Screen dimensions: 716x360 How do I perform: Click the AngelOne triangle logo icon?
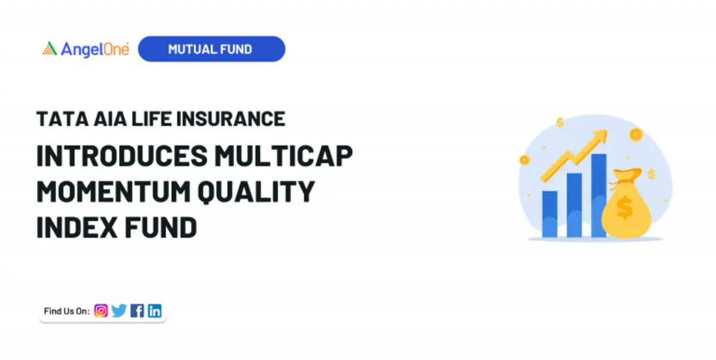[x=50, y=48]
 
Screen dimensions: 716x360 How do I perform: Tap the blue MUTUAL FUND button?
[x=211, y=49]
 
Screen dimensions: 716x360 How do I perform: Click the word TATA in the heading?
[x=62, y=119]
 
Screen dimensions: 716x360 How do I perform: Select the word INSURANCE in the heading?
[x=230, y=119]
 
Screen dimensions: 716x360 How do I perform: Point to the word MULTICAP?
[x=283, y=156]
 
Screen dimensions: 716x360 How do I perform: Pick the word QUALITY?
[x=257, y=192]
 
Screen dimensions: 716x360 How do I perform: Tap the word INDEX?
[x=77, y=227]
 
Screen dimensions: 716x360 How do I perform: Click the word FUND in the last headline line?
[x=161, y=227]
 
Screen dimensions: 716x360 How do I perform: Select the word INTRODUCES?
[x=122, y=156]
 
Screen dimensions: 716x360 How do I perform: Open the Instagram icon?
[x=101, y=311]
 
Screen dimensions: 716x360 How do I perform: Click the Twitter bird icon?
[x=119, y=311]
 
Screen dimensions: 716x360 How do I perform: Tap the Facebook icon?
[x=137, y=311]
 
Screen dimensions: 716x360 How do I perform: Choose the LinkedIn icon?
[x=155, y=311]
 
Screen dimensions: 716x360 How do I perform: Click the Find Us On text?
[x=67, y=311]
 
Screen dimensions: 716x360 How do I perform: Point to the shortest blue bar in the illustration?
[x=550, y=214]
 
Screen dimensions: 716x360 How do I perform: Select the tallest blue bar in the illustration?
[x=598, y=195]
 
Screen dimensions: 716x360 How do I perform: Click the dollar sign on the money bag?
[x=625, y=208]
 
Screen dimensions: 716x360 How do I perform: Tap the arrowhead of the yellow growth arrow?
[x=601, y=136]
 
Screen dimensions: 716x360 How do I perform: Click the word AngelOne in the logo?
[x=95, y=50]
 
